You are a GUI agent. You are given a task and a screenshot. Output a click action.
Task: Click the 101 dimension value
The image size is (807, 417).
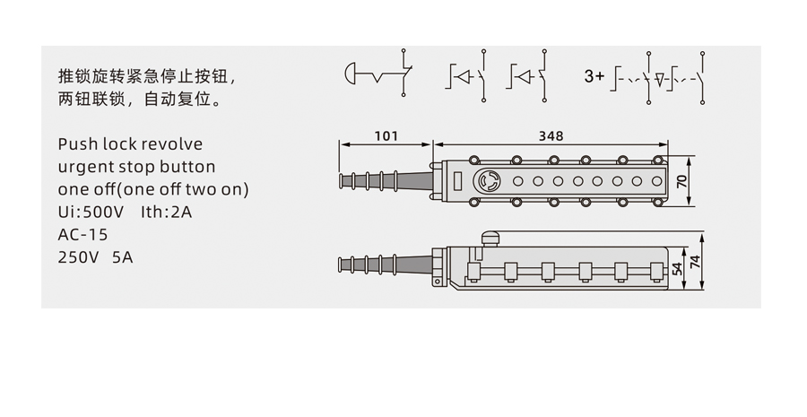[x=386, y=136]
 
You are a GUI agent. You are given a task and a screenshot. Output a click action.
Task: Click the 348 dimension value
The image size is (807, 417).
[x=551, y=136]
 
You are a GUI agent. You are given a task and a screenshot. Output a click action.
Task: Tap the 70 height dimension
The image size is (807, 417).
[x=682, y=181]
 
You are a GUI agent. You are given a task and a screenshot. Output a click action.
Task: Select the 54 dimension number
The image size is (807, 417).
[x=678, y=269]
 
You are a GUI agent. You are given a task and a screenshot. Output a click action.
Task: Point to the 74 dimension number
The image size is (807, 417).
[x=695, y=262]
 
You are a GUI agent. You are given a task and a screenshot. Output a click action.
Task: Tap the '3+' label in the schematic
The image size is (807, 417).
[x=594, y=76]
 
